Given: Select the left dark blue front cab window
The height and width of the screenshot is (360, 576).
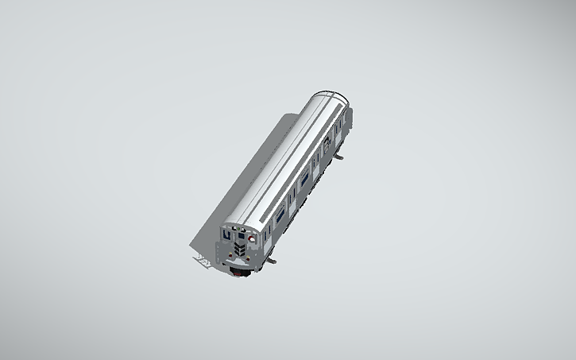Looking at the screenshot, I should pyautogui.click(x=228, y=235).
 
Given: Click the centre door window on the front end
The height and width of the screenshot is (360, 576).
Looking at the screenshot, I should pyautogui.click(x=241, y=237).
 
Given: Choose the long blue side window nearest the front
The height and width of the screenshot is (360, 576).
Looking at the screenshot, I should pyautogui.click(x=279, y=212).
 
